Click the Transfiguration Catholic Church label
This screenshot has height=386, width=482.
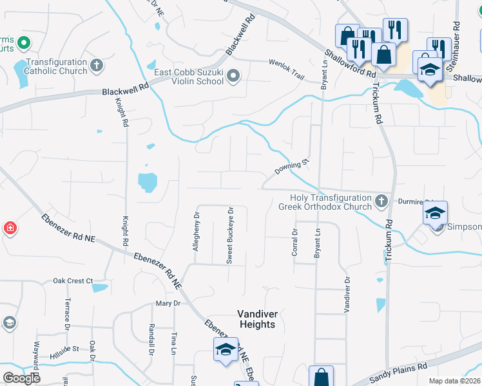pos(56,66)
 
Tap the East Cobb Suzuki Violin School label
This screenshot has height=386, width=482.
pos(189,77)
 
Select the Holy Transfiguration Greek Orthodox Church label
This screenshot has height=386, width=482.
pos(325,202)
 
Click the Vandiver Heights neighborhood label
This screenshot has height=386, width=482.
pos(256,319)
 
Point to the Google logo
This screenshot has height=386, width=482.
pos(21,378)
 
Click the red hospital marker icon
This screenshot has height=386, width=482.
pos(10,228)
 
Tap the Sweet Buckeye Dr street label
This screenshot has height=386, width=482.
pos(229,235)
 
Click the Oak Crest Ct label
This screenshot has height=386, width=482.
pos(73,281)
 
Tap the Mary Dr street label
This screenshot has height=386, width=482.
pos(167,303)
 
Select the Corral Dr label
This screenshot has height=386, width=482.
pos(294,243)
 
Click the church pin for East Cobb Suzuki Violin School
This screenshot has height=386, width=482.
pos(233,77)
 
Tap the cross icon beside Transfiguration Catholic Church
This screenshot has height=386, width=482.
pos(97,64)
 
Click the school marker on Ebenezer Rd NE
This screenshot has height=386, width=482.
pos(225,349)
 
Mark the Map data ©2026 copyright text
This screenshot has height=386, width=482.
pos(454,381)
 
